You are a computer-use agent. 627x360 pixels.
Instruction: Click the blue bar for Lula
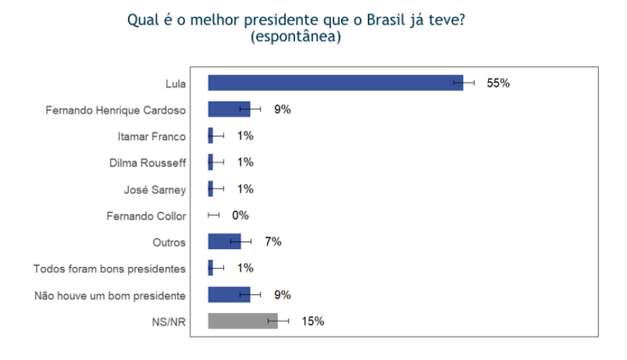click(331, 83)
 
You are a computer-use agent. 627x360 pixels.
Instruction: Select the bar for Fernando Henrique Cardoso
click(227, 109)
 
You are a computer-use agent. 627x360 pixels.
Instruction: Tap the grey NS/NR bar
click(242, 321)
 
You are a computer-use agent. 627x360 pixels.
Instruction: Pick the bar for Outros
click(223, 242)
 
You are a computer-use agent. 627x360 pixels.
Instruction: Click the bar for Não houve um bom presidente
click(227, 294)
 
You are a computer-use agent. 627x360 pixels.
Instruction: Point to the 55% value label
click(498, 83)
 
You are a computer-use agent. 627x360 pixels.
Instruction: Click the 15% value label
click(312, 321)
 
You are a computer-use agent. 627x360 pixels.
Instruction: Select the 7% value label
click(273, 242)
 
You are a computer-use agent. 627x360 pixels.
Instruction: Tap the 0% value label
click(240, 215)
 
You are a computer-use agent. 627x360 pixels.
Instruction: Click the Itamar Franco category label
click(151, 136)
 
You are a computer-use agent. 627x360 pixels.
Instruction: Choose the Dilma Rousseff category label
click(148, 163)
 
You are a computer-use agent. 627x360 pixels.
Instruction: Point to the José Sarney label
click(155, 189)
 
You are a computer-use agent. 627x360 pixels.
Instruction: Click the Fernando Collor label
click(146, 216)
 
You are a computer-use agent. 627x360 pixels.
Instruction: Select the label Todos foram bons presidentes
click(109, 269)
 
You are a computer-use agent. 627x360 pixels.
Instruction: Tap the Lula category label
click(175, 84)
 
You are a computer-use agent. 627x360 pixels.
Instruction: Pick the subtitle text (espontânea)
click(295, 36)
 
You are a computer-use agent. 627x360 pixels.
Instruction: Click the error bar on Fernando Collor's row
click(213, 215)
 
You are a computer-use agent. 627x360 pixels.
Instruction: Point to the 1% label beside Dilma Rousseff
click(245, 163)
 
